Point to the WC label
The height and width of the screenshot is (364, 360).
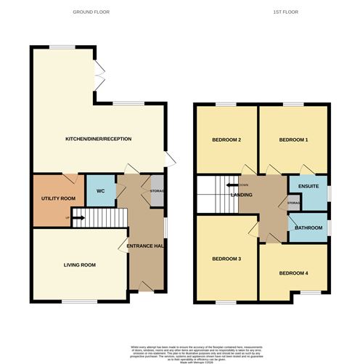101,192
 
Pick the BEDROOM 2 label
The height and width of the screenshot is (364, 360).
226,139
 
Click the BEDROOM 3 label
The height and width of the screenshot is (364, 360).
226,259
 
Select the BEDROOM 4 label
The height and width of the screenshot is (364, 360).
293,273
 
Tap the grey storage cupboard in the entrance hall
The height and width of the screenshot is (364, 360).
156,191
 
